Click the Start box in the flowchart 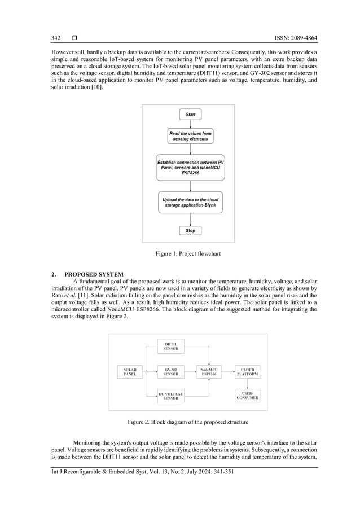tap(190, 115)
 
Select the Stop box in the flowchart tap(190, 230)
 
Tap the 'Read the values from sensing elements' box tap(190, 137)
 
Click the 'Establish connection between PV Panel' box tap(190, 168)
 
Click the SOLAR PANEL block tap(130, 372)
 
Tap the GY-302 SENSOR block tap(170, 372)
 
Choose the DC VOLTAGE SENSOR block tap(170, 396)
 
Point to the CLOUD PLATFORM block tap(247, 372)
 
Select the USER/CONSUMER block tap(247, 395)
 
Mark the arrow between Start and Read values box tap(190, 124)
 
